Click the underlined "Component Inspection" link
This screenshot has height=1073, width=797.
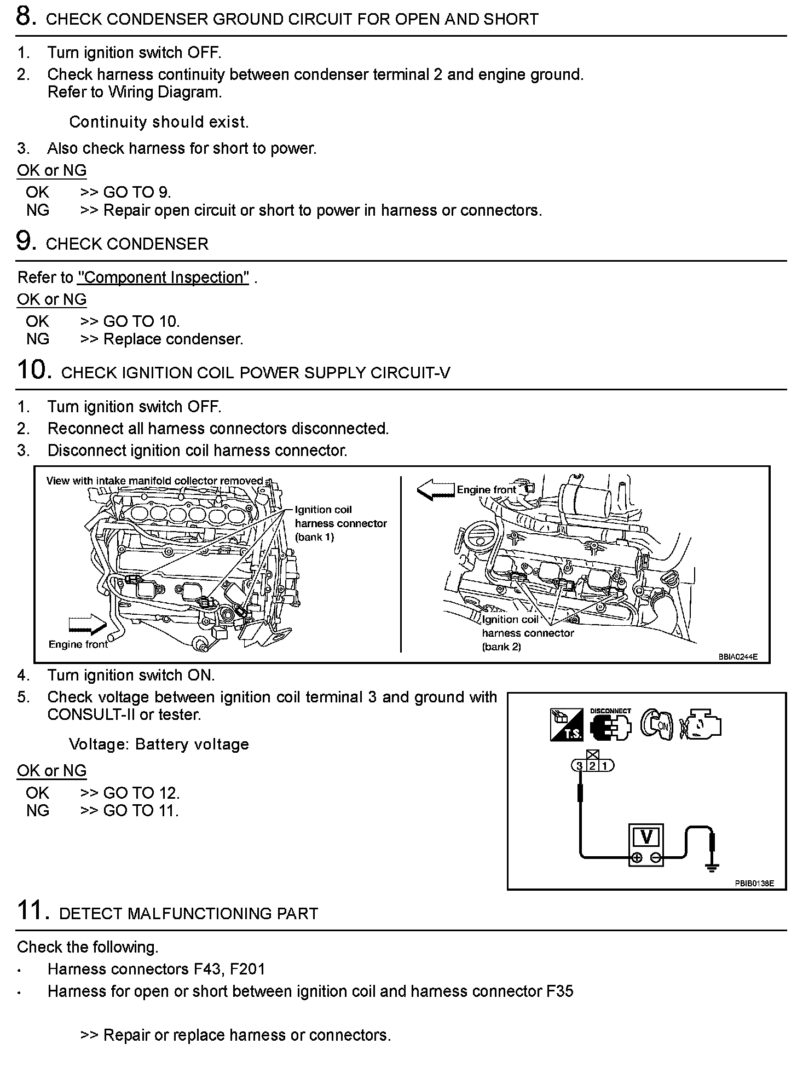coord(163,278)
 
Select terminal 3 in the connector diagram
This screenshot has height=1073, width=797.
coord(580,765)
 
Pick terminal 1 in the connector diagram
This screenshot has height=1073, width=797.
coord(604,765)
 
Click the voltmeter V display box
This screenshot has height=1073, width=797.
coord(646,837)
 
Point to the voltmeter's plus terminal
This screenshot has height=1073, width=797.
coord(636,858)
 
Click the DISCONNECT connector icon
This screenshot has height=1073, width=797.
coord(610,726)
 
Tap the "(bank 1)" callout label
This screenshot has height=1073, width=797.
coord(314,537)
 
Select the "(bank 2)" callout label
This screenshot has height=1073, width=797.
coord(501,647)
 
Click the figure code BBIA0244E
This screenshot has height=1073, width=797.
coord(738,657)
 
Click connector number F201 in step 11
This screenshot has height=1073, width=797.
coord(247,969)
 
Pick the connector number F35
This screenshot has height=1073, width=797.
coord(559,991)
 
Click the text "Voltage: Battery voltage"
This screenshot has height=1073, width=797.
coord(159,745)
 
